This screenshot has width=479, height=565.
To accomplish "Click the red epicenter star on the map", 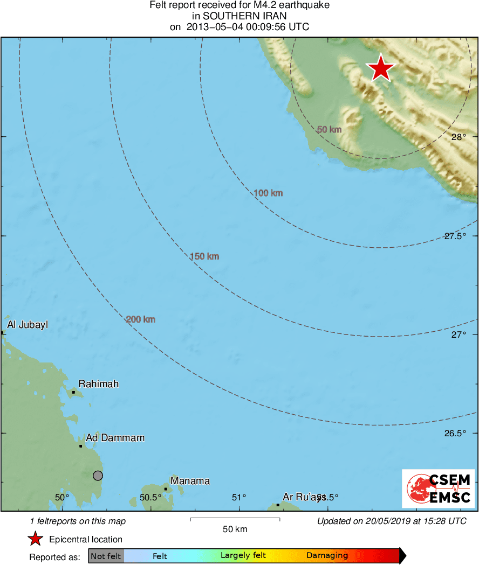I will coord(381,68).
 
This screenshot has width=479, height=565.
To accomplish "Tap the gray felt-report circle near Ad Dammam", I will coord(98,475).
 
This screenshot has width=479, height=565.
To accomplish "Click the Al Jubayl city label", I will coord(27,325).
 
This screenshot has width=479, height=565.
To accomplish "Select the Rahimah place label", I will coord(99,384).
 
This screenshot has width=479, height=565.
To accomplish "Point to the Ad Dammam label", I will coord(115,438).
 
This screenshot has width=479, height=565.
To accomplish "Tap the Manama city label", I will coord(190,481).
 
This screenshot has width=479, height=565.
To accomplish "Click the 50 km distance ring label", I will coord(329,129).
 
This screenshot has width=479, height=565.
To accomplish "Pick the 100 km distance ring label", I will coord(268,193).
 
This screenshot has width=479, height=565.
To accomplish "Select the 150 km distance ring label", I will coord(204,256).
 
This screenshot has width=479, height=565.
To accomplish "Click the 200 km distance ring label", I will coord(140,319).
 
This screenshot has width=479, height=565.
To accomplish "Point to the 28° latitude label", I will coord(459,137).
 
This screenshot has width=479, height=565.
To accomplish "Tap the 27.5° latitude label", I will coord(455,236).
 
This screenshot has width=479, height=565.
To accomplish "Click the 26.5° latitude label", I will coord(455,434).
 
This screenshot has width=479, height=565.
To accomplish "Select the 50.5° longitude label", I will coord(150,498).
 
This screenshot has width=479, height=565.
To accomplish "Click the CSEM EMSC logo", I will coord(438,489).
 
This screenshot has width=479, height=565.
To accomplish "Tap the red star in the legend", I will coord(36,539).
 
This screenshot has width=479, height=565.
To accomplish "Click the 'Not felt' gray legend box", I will coord(106,556).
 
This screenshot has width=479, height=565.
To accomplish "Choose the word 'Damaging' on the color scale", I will coord(327,556).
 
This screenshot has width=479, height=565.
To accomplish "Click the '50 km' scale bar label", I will coord(235,529).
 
